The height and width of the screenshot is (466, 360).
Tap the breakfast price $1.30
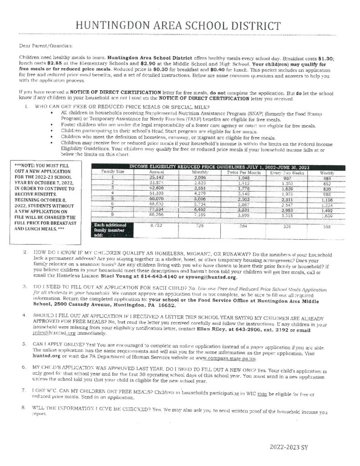tap(325, 59)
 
